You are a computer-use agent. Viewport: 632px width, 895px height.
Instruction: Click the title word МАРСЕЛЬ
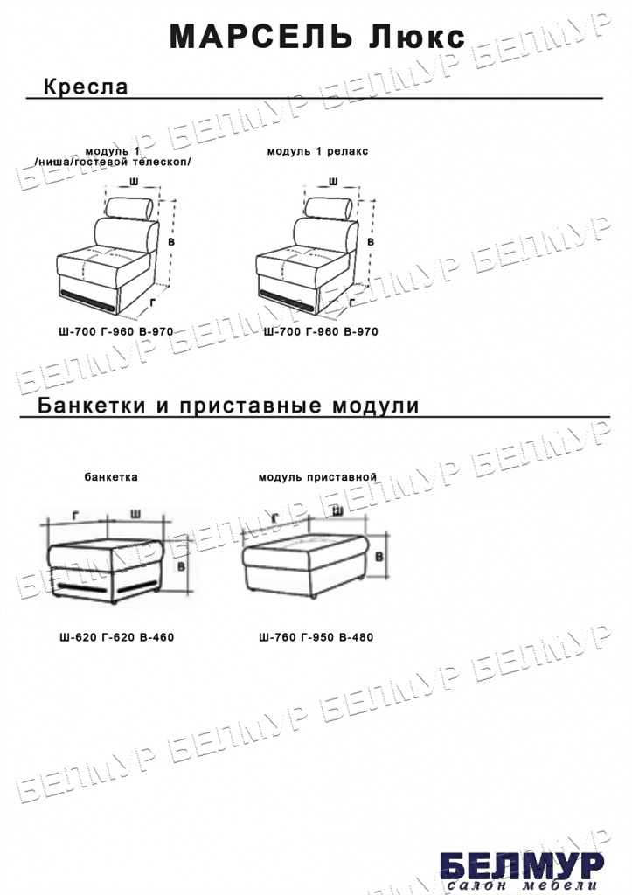click(x=260, y=37)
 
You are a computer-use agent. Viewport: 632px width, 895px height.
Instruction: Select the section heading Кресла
click(x=86, y=87)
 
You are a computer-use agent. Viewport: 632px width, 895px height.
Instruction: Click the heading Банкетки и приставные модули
click(x=228, y=406)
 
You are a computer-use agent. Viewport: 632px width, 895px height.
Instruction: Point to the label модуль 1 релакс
click(x=317, y=151)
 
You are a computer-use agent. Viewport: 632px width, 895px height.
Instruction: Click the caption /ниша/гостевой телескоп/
click(x=113, y=162)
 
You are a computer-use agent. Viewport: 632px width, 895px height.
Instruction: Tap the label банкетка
click(x=111, y=477)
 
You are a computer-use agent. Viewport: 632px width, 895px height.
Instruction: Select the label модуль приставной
click(x=317, y=477)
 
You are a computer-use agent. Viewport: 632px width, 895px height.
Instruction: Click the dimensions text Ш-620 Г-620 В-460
click(x=116, y=637)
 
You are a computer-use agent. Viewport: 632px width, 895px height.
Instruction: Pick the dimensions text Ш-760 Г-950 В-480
click(x=316, y=637)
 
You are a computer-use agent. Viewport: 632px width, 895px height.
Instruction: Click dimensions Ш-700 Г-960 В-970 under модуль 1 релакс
click(x=321, y=331)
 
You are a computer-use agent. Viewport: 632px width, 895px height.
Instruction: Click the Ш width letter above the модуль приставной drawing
click(x=337, y=510)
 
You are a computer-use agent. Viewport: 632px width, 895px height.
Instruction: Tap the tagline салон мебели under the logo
click(x=523, y=885)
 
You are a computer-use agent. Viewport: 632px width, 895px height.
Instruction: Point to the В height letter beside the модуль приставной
click(x=379, y=557)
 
